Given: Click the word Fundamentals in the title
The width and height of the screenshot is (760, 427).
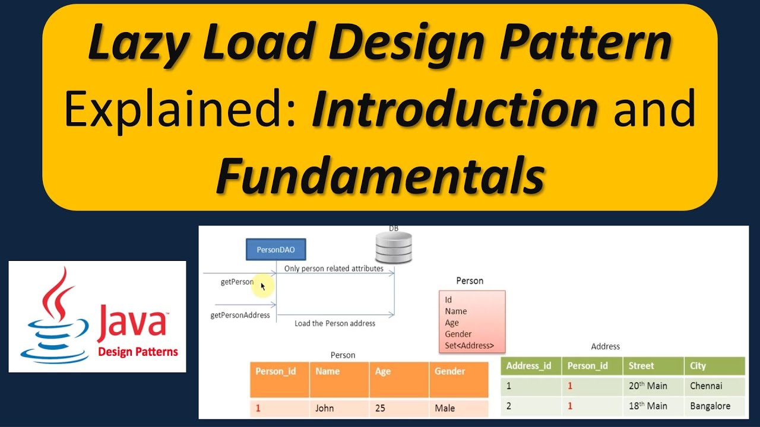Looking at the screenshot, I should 380,176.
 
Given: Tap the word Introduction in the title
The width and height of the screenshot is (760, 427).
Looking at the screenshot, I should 455,110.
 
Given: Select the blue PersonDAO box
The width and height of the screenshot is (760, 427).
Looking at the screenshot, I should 275,250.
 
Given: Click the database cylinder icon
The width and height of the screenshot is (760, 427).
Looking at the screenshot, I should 394,248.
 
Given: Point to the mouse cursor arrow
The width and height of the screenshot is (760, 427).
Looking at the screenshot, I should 263,286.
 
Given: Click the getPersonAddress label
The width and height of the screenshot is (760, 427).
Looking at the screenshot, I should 240,315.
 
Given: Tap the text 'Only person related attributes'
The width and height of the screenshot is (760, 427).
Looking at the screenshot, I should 334,268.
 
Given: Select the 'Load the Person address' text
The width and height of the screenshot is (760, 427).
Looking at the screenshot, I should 335,323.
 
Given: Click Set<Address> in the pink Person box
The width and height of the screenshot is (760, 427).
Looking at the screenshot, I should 469,346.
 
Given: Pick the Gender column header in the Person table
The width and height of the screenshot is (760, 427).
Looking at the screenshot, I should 449,371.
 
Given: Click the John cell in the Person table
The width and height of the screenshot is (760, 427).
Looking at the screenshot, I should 324,408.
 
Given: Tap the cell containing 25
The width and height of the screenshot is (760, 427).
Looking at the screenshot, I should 381,408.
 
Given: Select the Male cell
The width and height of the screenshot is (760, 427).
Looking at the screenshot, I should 445,408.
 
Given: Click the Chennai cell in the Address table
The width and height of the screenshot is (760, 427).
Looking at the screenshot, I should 706,385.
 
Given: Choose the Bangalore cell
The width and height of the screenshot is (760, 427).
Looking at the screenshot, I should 710,406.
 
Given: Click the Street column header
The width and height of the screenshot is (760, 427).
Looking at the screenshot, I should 641,366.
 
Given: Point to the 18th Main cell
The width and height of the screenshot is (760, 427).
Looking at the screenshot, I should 648,406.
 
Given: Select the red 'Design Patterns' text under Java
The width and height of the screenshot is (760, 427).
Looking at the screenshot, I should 138,352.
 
